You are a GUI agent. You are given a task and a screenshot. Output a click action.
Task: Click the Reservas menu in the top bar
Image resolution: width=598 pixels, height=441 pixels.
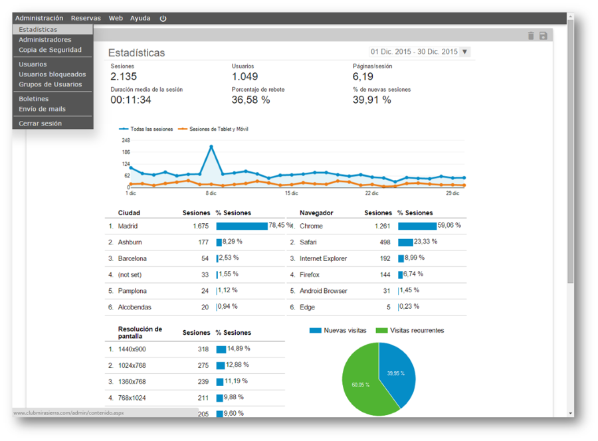pos(86,18)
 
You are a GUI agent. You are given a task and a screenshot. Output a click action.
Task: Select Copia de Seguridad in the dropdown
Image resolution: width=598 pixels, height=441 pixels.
pos(50,50)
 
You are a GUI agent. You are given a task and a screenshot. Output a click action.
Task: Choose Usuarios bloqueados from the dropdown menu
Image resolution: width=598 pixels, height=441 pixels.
pos(52,74)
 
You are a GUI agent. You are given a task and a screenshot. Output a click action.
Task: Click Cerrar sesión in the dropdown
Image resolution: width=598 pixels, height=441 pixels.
pos(40,124)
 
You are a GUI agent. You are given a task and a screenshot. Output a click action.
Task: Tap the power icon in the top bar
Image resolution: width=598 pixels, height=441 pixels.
pos(163,19)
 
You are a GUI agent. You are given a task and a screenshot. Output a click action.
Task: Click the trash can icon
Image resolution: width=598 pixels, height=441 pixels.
pos(531,35)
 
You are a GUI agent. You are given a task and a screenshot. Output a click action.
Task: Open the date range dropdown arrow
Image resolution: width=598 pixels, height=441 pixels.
pos(464,51)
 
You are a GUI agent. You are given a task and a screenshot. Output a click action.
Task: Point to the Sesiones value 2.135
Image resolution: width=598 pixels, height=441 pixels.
pos(124,76)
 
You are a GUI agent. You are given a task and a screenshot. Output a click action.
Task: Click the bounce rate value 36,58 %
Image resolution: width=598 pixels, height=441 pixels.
pos(250,100)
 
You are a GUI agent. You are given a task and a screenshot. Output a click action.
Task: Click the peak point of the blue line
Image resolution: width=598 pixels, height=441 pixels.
pos(211,146)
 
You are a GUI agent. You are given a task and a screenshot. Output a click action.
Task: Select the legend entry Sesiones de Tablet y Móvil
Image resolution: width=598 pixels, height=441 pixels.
pos(213,130)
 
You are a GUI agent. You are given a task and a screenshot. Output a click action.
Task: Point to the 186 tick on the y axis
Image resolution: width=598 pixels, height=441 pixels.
pos(126,152)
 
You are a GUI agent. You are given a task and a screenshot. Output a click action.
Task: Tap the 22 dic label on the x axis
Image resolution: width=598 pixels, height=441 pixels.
pos(372,193)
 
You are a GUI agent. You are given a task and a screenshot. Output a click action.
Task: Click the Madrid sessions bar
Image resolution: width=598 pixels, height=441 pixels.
pos(242,226)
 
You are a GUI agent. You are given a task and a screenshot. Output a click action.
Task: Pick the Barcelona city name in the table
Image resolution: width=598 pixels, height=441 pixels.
pos(132,258)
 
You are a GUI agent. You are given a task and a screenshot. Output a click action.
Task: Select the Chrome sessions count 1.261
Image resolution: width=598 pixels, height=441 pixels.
pos(382,226)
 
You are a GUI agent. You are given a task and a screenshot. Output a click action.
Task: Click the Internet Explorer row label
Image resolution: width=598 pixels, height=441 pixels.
pos(323,258)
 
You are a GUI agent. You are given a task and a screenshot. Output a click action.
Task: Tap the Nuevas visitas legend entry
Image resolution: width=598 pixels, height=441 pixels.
pos(338,331)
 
